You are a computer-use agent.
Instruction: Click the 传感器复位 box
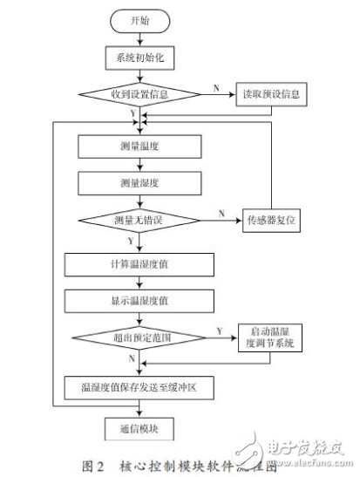pyautogui.click(x=269, y=221)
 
